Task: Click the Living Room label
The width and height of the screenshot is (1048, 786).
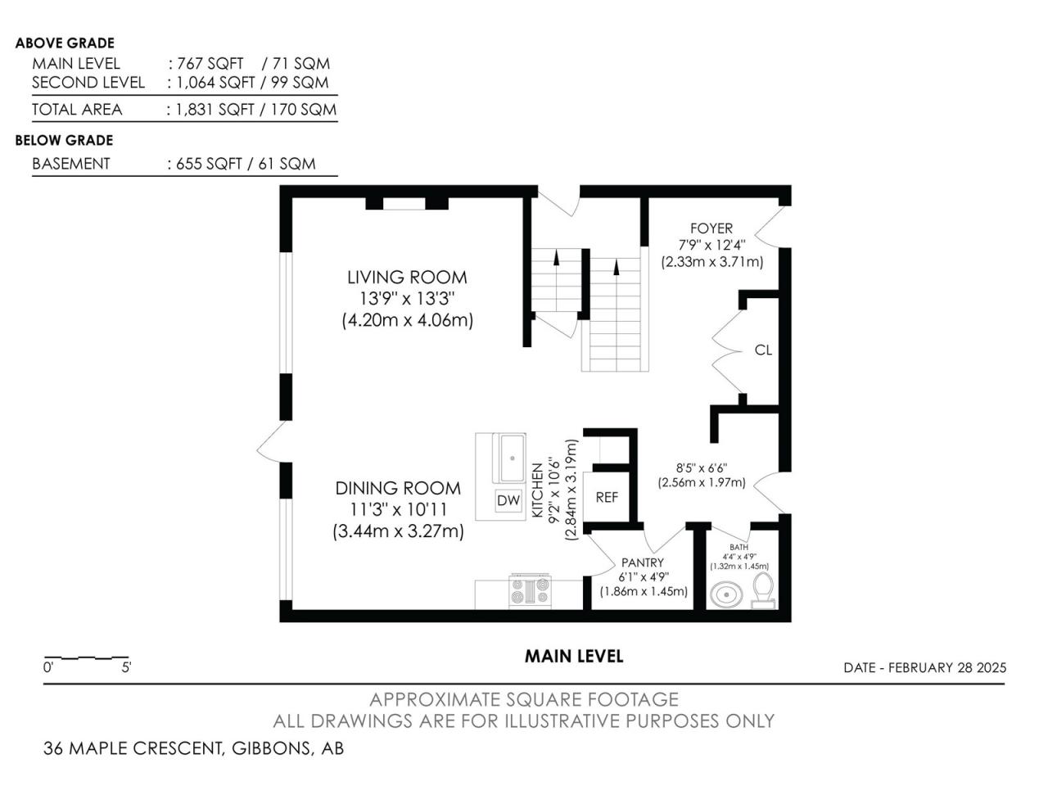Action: click(407, 278)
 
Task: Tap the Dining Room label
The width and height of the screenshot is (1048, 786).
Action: click(398, 488)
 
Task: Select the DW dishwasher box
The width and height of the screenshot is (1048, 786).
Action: click(508, 500)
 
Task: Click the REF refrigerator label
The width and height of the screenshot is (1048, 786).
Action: click(607, 498)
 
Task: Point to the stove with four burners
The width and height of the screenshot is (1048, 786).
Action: click(530, 592)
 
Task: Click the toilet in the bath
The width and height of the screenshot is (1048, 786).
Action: click(763, 590)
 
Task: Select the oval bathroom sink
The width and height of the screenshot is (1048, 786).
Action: click(726, 594)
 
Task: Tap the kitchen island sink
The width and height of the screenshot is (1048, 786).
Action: click(512, 458)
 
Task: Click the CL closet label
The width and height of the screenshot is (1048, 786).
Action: click(763, 350)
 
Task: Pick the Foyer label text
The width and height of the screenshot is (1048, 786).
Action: click(711, 228)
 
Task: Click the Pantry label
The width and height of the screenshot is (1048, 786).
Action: click(642, 562)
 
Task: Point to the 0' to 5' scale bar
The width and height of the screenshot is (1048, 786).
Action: click(86, 658)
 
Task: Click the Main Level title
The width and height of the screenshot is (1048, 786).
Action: click(574, 656)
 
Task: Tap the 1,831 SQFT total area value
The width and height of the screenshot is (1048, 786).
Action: click(215, 110)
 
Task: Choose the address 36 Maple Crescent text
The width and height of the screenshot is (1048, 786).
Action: click(133, 748)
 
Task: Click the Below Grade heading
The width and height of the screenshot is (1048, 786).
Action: click(64, 140)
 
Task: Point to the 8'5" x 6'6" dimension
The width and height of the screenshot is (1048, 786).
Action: click(702, 468)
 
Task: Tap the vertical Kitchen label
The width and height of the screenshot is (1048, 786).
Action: click(538, 490)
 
